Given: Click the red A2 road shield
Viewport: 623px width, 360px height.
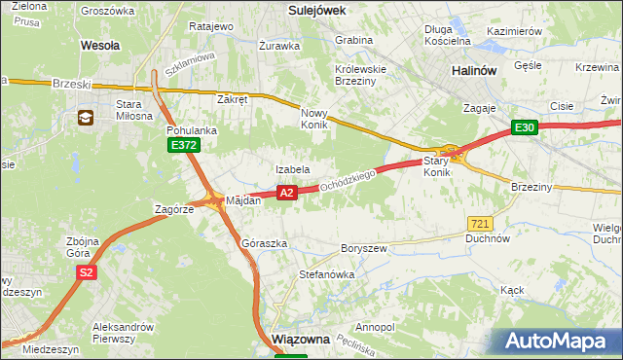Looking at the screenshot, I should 286,194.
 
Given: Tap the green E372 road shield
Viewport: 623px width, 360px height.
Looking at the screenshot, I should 183,145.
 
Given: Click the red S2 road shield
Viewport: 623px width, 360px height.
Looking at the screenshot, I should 87,273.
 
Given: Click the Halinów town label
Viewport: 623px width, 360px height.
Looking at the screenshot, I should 475,71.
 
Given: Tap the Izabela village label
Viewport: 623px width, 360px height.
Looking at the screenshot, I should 292,169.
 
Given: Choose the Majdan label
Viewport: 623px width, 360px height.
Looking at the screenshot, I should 243,200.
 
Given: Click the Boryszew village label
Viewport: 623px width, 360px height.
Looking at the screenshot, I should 365,248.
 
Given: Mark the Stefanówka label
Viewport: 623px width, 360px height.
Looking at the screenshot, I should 327,274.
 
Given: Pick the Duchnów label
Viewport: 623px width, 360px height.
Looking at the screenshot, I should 489,237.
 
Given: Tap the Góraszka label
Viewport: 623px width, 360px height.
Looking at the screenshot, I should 264,243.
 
